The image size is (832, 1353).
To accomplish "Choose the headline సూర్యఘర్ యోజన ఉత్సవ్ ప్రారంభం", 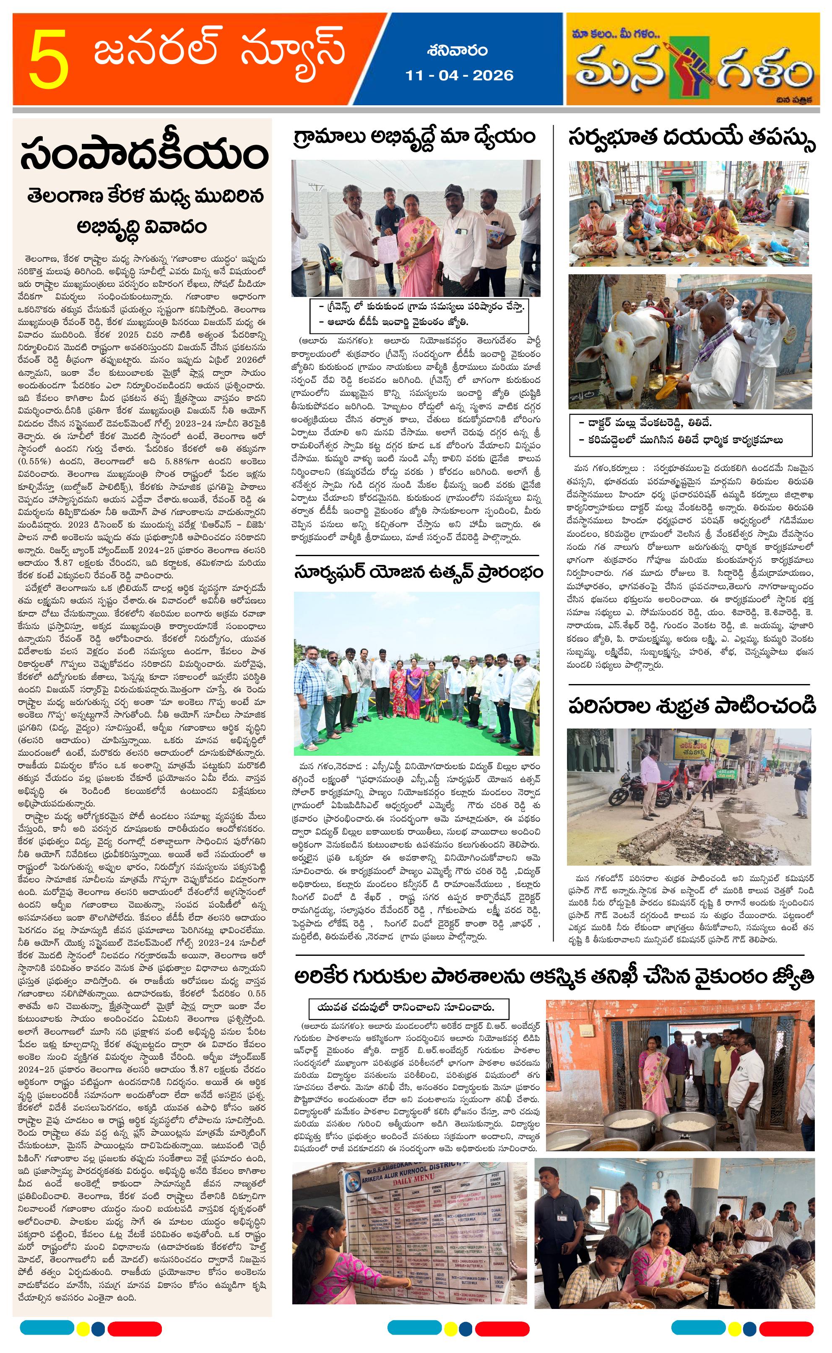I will (418, 572).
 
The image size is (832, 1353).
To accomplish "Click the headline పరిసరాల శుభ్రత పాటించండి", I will (692, 706).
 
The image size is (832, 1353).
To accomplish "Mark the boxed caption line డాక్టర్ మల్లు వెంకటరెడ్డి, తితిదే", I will (645, 423).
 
